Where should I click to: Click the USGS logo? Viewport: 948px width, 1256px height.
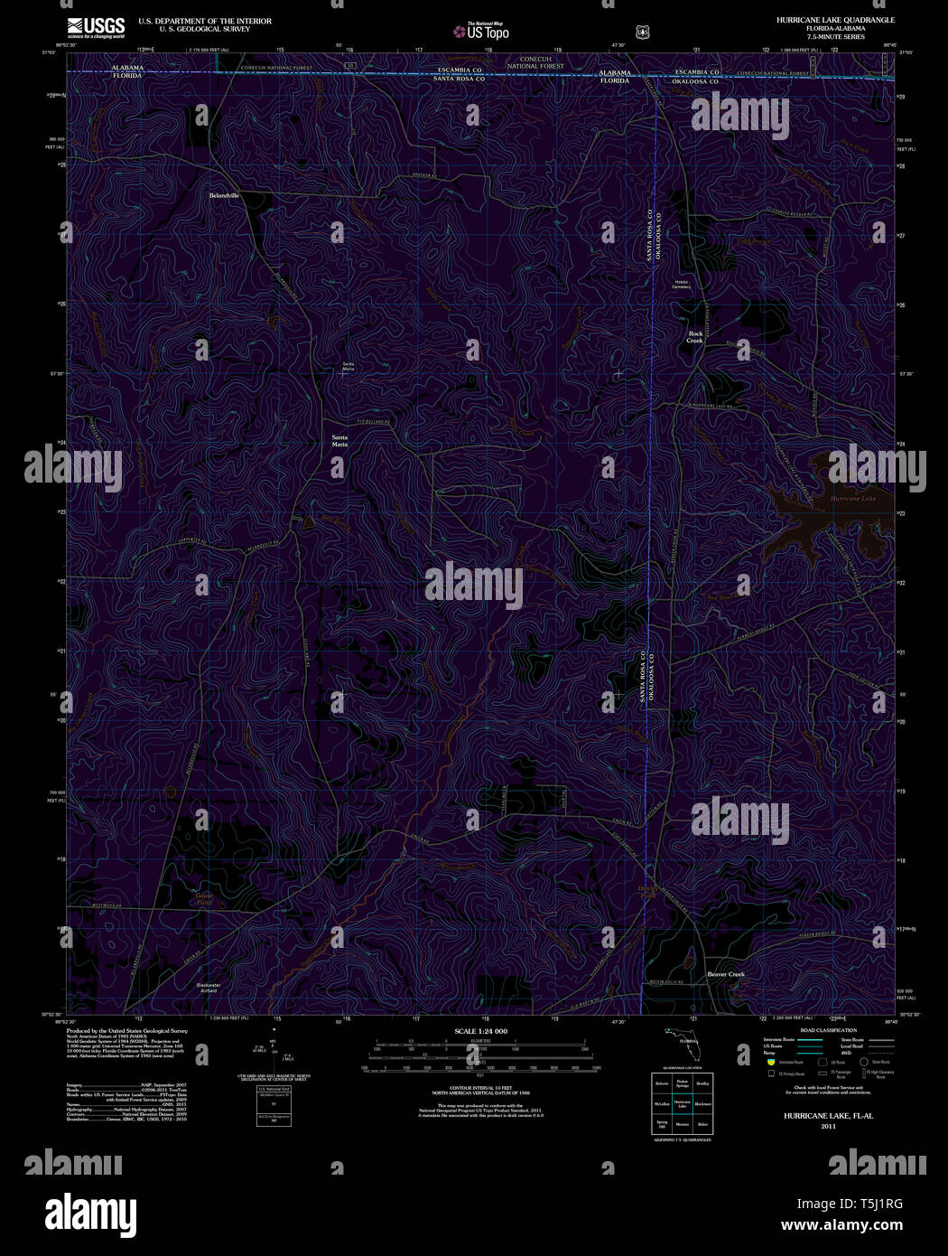[96, 27]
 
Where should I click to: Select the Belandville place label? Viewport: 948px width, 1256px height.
[225, 195]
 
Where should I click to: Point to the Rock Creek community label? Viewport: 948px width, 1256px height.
[695, 337]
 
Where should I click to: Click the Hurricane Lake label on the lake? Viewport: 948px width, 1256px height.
[852, 499]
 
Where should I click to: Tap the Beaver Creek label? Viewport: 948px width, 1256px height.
[726, 974]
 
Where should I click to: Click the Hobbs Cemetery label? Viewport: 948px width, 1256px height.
[681, 285]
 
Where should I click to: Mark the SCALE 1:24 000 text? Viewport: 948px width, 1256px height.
[481, 1031]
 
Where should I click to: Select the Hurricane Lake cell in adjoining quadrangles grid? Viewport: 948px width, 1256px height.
[682, 1103]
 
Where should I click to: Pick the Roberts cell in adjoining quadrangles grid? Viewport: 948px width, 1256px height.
[662, 1083]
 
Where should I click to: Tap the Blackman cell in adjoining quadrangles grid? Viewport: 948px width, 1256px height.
[702, 1103]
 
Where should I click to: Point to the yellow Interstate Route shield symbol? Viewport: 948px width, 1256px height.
[771, 1063]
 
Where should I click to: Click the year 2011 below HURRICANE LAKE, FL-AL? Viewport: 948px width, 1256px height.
[828, 1126]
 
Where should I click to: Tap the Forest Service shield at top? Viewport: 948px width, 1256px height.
[641, 32]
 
